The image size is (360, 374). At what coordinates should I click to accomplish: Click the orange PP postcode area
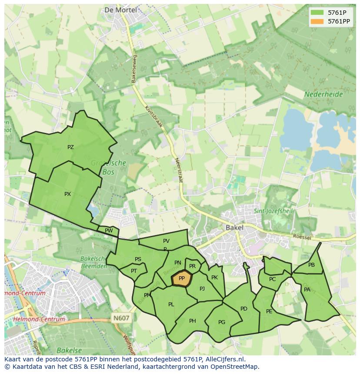pyautogui.click(x=182, y=278)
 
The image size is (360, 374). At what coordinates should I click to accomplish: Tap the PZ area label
pyautogui.click(x=70, y=147)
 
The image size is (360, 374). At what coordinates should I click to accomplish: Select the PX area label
pyautogui.click(x=67, y=194)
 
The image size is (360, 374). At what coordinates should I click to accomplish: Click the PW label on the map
pyautogui.click(x=109, y=231)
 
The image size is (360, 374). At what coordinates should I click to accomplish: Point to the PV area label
pyautogui.click(x=166, y=241)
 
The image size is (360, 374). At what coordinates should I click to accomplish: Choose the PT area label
pyautogui.click(x=134, y=271)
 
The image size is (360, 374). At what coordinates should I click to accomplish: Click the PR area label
pyautogui.click(x=192, y=266)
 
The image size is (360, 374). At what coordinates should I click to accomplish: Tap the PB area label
pyautogui.click(x=311, y=265)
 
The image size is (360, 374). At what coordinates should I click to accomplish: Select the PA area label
pyautogui.click(x=307, y=290)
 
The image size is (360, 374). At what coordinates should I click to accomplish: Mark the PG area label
pyautogui.click(x=222, y=322)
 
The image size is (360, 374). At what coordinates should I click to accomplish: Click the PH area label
pyautogui.click(x=193, y=321)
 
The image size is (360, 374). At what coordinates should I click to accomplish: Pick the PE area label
pyautogui.click(x=269, y=311)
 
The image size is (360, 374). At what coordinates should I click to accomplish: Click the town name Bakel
pyautogui.click(x=234, y=227)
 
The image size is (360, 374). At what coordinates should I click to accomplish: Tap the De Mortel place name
pyautogui.click(x=120, y=10)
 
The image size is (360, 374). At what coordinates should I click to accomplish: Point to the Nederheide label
pyautogui.click(x=323, y=94)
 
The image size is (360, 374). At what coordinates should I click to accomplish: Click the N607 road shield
pyautogui.click(x=121, y=318)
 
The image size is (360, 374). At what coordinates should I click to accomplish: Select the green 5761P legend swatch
pyautogui.click(x=317, y=13)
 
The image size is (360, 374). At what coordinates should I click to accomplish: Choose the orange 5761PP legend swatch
pyautogui.click(x=317, y=21)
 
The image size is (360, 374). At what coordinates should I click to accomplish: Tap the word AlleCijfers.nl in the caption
pyautogui.click(x=224, y=359)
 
